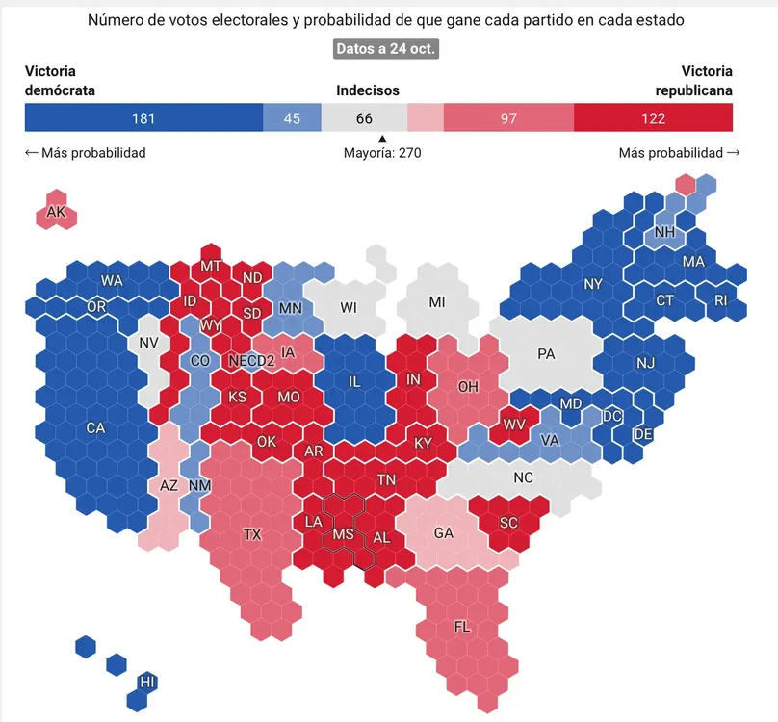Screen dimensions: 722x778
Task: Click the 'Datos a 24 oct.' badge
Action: [x=386, y=49]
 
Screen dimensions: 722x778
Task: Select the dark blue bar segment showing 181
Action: [x=143, y=118]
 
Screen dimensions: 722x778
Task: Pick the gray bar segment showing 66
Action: [x=363, y=118]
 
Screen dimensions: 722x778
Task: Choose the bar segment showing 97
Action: [x=508, y=118]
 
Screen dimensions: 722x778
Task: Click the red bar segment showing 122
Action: [x=653, y=118]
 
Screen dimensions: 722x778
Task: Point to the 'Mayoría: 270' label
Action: [x=382, y=152]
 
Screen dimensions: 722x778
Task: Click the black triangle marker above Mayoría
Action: [x=382, y=138]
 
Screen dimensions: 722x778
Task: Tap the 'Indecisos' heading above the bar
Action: [x=368, y=91]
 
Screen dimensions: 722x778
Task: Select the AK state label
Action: [x=57, y=212]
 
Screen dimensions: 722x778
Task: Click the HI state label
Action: [x=147, y=682]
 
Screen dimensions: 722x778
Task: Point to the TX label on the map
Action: [x=252, y=534]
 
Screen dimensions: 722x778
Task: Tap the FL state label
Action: [x=462, y=628]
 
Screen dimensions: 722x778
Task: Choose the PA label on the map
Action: [x=546, y=354]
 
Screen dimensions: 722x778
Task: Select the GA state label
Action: [x=444, y=533]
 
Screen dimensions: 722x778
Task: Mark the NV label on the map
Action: [x=148, y=343]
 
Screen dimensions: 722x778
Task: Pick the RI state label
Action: [x=721, y=300]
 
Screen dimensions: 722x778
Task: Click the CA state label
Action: [x=95, y=427]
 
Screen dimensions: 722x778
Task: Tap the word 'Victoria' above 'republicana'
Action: [x=707, y=72]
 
